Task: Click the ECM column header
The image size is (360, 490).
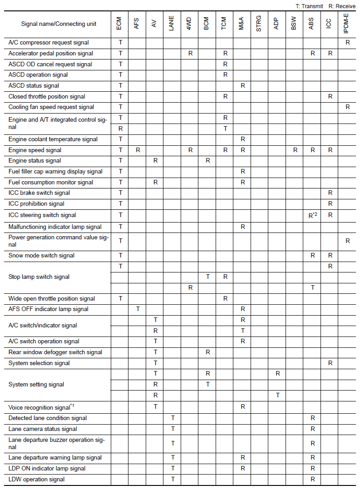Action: pos(119,24)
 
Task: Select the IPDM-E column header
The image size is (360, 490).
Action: pos(347,24)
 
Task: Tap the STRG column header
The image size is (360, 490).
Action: pos(259,24)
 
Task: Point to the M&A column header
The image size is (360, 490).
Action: pos(242,24)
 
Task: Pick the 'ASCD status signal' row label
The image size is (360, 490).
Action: pos(34,85)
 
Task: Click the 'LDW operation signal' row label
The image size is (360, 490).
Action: pos(36,480)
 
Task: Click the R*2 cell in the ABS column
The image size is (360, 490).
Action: pos(312,215)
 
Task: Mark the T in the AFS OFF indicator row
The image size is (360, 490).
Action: pos(138,309)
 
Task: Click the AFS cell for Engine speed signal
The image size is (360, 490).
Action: pos(138,150)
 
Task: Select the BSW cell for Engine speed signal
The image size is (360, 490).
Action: pos(295,150)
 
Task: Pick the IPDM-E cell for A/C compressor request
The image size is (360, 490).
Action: pos(347,42)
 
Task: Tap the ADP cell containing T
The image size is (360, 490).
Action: pos(277,396)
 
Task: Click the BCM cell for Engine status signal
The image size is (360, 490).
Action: pos(207,161)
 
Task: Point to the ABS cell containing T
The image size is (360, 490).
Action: pos(312,287)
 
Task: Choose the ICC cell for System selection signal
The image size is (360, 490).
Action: pos(330,363)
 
